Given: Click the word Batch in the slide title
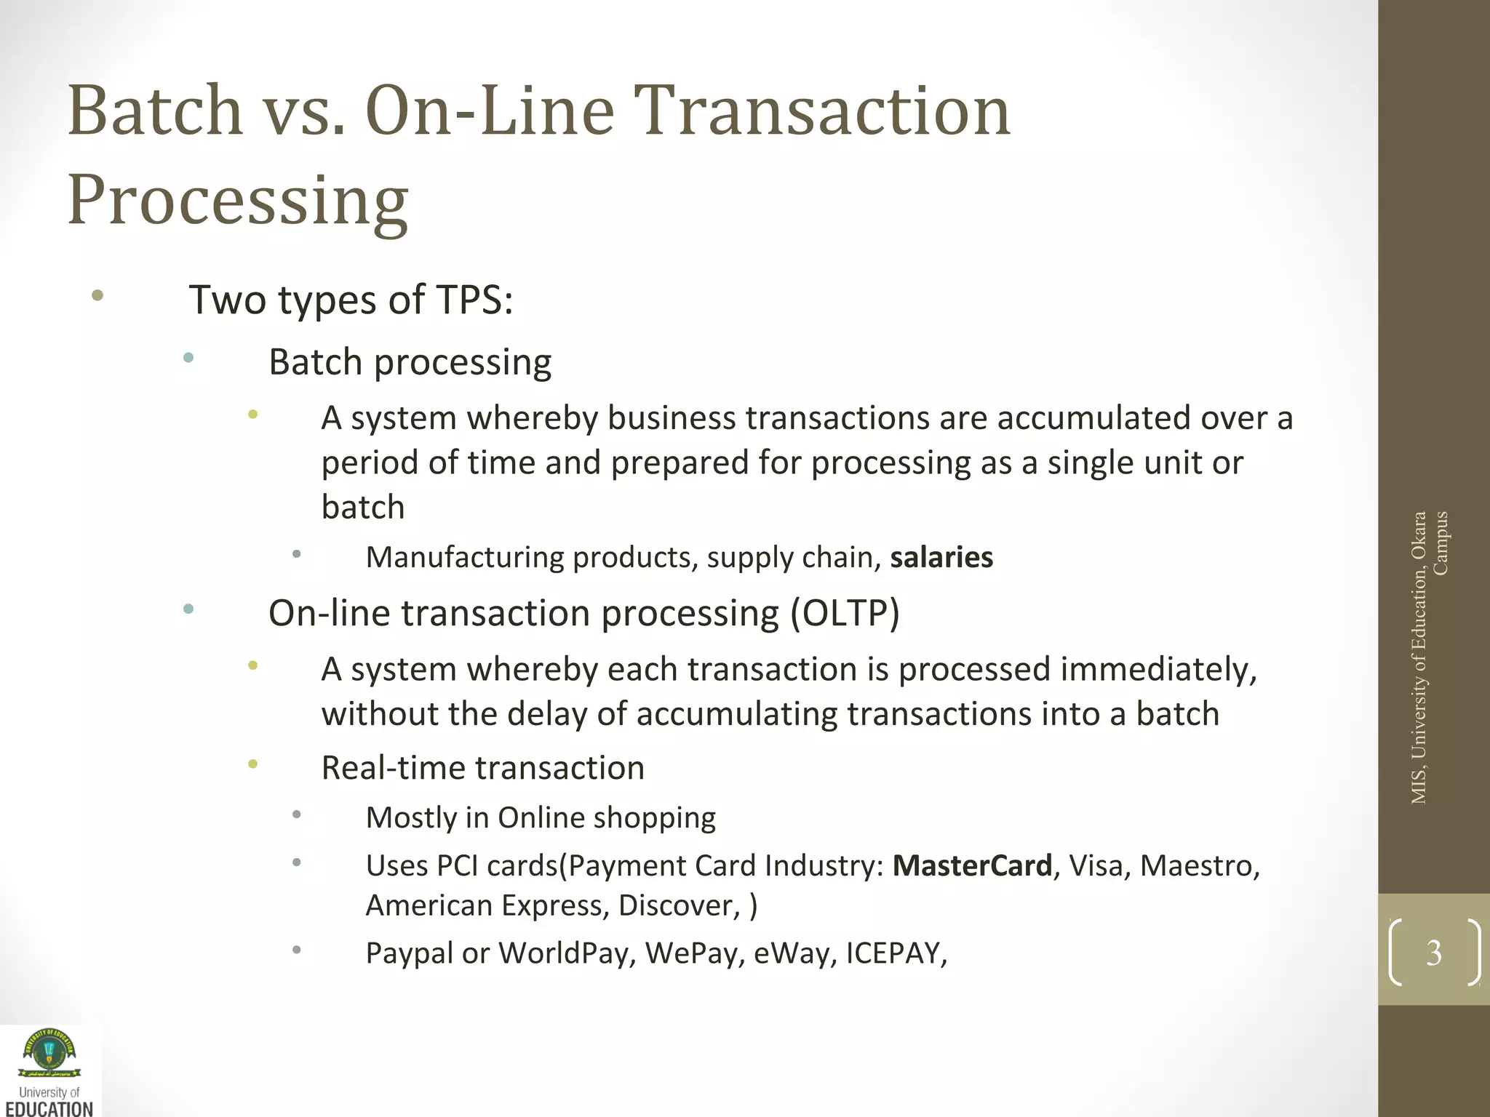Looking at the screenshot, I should (x=155, y=111).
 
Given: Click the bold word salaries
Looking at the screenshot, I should (x=941, y=558).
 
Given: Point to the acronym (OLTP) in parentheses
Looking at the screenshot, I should (x=845, y=613).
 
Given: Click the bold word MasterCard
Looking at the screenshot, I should (x=972, y=866).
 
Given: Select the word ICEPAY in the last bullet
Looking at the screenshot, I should (x=896, y=953).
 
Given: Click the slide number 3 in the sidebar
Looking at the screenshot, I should (x=1433, y=953).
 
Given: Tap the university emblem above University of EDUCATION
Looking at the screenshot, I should (x=49, y=1054).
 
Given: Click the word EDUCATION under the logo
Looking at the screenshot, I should (x=49, y=1109).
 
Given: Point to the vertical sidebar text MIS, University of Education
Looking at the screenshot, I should (x=1419, y=658).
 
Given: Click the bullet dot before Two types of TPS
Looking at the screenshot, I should (x=97, y=295).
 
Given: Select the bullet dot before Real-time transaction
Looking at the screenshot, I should (x=252, y=764).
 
